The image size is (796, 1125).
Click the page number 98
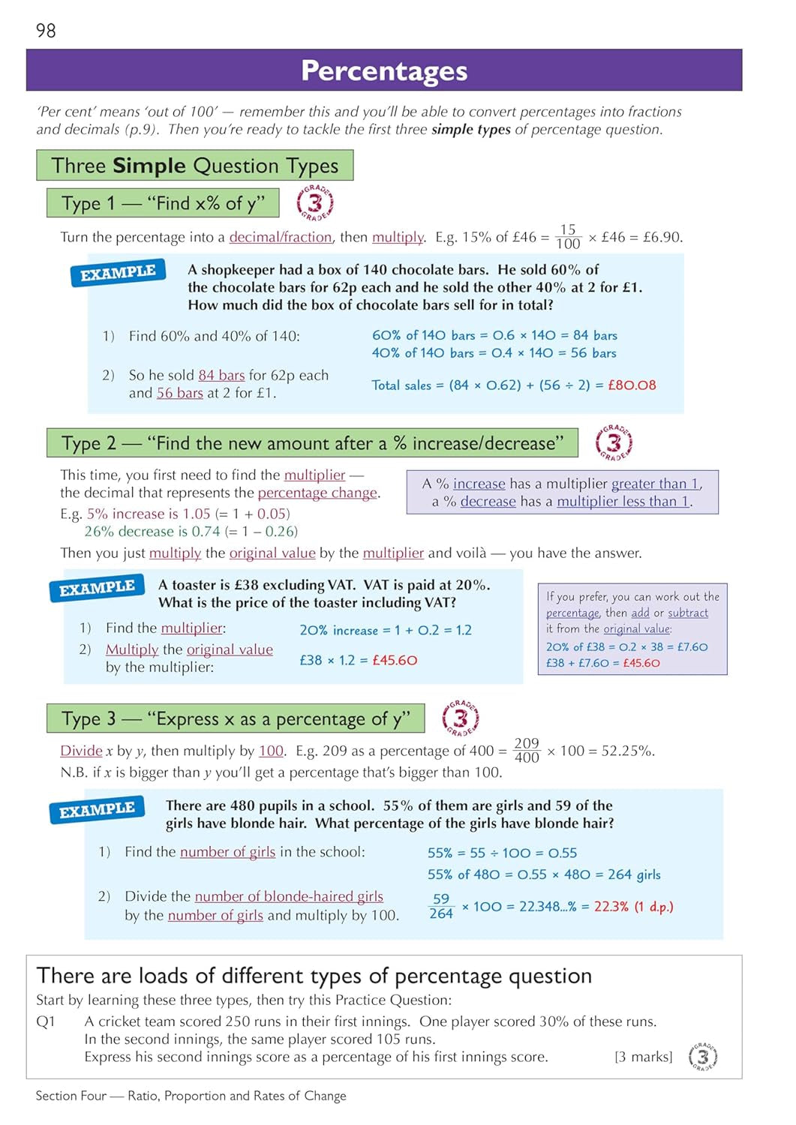coord(46,31)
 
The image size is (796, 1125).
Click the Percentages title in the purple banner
coord(384,70)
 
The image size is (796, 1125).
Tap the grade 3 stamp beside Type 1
coord(315,202)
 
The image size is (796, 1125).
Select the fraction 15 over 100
coord(568,237)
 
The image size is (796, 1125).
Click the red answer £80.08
coord(632,385)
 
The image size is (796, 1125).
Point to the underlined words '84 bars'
coord(221,375)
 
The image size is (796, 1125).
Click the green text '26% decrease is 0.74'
coord(152,531)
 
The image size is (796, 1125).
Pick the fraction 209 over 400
coord(527,750)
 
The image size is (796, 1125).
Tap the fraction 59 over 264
coord(441,906)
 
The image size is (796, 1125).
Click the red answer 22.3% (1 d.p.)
coord(633,906)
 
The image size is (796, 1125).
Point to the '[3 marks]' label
coord(643,1057)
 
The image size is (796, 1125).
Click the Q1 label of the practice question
coord(46,1021)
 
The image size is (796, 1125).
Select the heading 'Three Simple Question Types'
coord(194,166)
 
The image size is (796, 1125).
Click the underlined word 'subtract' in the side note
coord(687,613)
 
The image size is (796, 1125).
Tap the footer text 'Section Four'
coord(71,1096)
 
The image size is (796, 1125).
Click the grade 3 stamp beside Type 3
coord(461,718)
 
